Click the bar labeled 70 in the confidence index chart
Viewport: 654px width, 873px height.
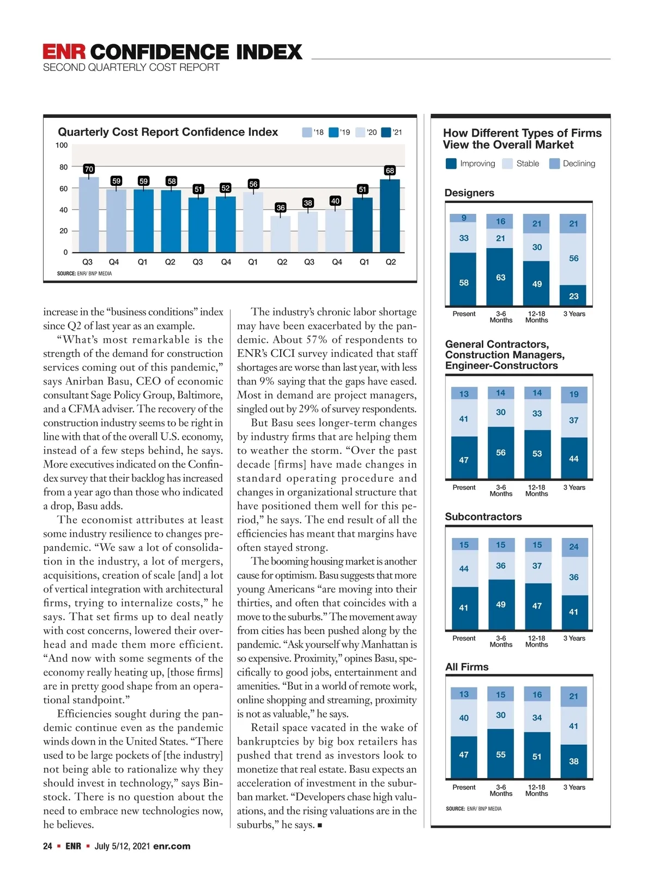tap(89, 214)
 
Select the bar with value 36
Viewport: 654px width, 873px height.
tap(281, 234)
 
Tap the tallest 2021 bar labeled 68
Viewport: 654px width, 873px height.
tap(390, 216)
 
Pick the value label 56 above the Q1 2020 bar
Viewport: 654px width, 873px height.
tap(253, 184)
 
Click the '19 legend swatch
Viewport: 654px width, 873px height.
tap(334, 133)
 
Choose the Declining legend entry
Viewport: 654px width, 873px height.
tap(572, 164)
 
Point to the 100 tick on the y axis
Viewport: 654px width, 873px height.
tap(62, 145)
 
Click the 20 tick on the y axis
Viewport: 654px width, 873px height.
tap(64, 231)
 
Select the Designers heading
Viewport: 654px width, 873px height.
tap(469, 193)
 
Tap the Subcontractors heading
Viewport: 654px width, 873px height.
tap(483, 517)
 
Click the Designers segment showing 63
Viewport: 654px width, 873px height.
tap(500, 277)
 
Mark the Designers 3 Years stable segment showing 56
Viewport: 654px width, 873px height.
tap(573, 259)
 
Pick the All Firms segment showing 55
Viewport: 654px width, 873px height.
tap(500, 754)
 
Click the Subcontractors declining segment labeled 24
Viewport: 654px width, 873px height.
tap(574, 547)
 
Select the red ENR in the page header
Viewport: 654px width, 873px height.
tap(64, 52)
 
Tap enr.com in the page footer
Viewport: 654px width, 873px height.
tap(172, 846)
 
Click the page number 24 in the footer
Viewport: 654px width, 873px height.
tap(48, 846)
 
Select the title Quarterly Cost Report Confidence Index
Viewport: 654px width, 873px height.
tap(168, 132)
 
